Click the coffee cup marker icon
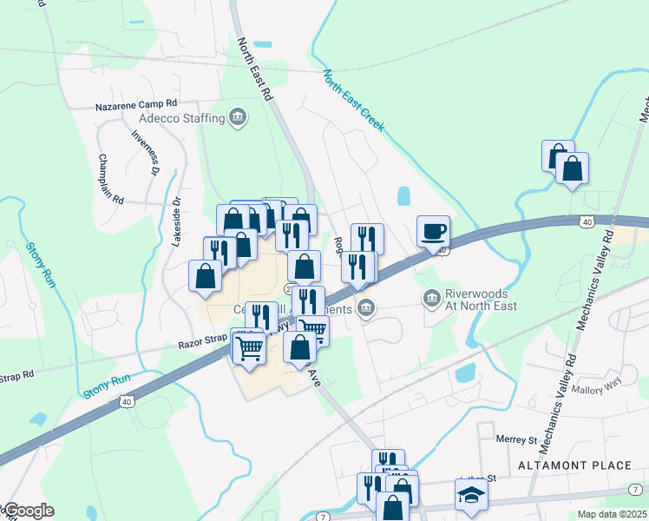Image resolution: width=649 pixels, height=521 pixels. click(433, 232)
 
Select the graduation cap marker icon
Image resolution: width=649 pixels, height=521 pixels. click(471, 495)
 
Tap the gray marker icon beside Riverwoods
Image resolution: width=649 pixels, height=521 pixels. click(432, 299)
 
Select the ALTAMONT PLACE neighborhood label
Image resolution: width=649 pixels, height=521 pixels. click(574, 465)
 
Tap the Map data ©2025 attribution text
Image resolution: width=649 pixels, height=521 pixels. click(611, 514)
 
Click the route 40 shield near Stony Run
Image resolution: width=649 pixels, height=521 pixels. click(127, 401)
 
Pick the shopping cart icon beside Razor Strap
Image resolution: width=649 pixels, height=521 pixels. click(250, 349)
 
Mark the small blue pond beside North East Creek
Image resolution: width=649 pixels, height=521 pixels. click(403, 195)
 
